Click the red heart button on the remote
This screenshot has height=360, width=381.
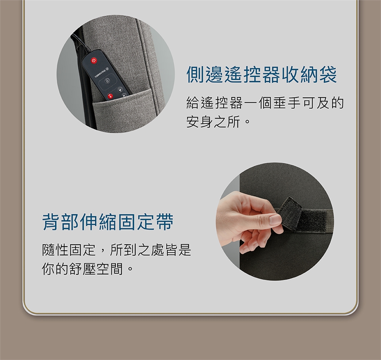click(110, 96)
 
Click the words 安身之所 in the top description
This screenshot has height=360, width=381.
click(214, 121)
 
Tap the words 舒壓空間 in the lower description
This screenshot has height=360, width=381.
click(96, 269)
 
